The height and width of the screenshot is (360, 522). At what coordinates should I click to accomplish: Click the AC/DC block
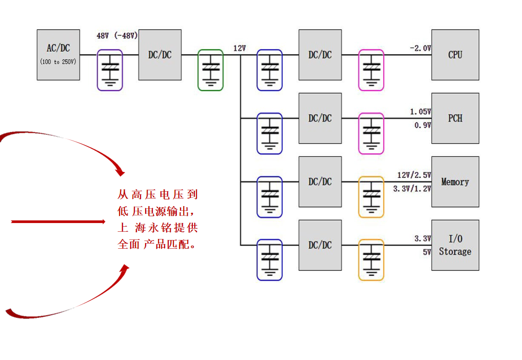(58, 54)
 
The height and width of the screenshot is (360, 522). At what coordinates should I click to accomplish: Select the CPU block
(455, 54)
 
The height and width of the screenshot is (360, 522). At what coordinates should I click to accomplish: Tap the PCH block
(455, 118)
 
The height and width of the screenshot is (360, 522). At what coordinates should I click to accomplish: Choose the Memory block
(455, 182)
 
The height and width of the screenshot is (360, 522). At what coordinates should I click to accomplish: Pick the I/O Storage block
(455, 245)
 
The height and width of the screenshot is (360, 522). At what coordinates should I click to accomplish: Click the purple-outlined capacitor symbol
(110, 70)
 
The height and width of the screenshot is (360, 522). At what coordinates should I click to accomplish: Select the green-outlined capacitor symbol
(210, 70)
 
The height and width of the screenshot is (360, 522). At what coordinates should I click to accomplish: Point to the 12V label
(239, 48)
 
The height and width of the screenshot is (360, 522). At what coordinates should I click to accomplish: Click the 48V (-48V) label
(117, 36)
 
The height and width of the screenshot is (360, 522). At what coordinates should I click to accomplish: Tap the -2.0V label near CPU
(420, 48)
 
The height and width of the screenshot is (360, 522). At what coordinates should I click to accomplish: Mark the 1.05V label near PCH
(420, 112)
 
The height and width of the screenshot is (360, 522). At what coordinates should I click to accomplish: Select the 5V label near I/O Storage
(427, 252)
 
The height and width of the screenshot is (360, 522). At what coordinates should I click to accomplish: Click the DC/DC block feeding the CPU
(320, 54)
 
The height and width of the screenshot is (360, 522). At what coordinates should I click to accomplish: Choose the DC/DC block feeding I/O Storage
(320, 245)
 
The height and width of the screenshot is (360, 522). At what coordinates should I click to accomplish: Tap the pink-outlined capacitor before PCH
(371, 133)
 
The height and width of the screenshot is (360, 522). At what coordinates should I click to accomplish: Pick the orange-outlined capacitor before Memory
(371, 197)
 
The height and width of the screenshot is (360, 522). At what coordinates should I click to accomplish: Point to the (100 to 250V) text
(58, 62)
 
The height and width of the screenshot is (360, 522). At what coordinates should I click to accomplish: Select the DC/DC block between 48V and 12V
(160, 54)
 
